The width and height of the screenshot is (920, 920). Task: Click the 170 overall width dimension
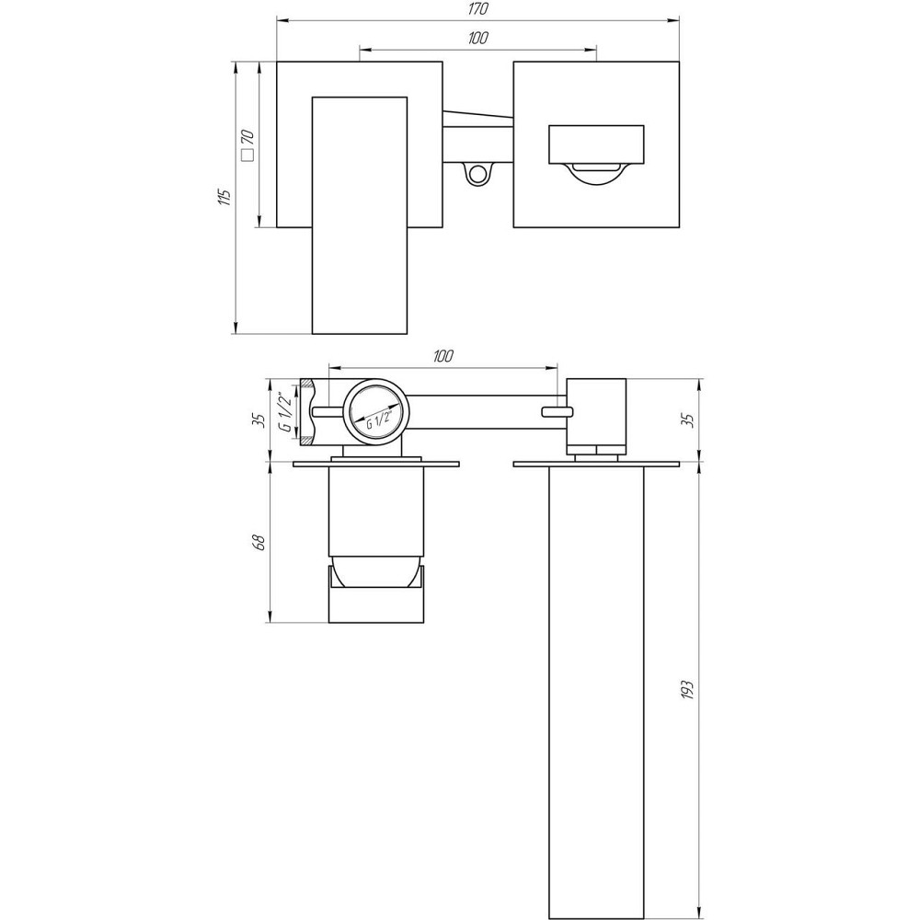(477, 9)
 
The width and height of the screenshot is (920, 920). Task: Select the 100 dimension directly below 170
(477, 38)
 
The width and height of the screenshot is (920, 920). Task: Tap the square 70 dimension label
(247, 144)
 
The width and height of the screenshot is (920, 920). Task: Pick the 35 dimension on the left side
(259, 419)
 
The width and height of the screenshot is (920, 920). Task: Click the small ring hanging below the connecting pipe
(477, 173)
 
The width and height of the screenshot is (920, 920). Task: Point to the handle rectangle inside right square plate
(595, 144)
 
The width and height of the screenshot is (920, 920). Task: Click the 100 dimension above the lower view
(443, 356)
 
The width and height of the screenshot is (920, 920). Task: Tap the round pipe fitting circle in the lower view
(374, 411)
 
